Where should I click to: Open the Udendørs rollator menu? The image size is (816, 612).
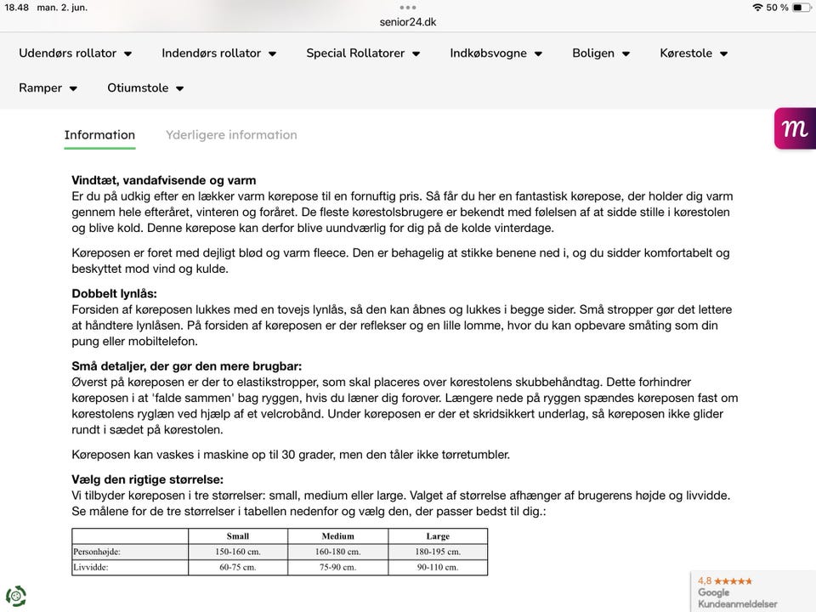(75, 53)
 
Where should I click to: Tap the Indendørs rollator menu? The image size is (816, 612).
(218, 53)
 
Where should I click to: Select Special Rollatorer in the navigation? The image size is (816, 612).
(363, 53)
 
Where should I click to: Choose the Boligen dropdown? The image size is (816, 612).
(600, 53)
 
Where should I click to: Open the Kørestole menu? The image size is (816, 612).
(694, 53)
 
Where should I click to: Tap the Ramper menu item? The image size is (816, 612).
(48, 88)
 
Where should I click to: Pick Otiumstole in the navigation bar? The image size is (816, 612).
(145, 88)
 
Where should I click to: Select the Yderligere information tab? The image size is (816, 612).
(231, 134)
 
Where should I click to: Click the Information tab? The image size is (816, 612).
(99, 134)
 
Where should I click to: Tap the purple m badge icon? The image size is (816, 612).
(795, 128)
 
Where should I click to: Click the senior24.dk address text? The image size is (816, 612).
(408, 22)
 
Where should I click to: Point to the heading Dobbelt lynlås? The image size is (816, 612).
(114, 293)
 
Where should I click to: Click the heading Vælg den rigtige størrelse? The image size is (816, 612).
(148, 479)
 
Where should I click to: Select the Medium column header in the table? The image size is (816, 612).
(338, 536)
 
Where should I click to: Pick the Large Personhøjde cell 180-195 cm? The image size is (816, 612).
(438, 552)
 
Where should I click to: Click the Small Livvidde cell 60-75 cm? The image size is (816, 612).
(238, 567)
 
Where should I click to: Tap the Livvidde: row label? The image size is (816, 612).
(92, 567)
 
